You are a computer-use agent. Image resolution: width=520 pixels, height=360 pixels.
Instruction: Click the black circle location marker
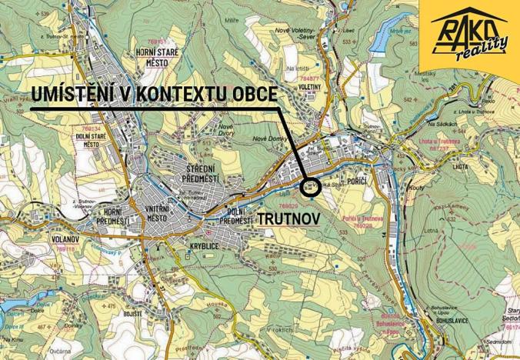(310, 186)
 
